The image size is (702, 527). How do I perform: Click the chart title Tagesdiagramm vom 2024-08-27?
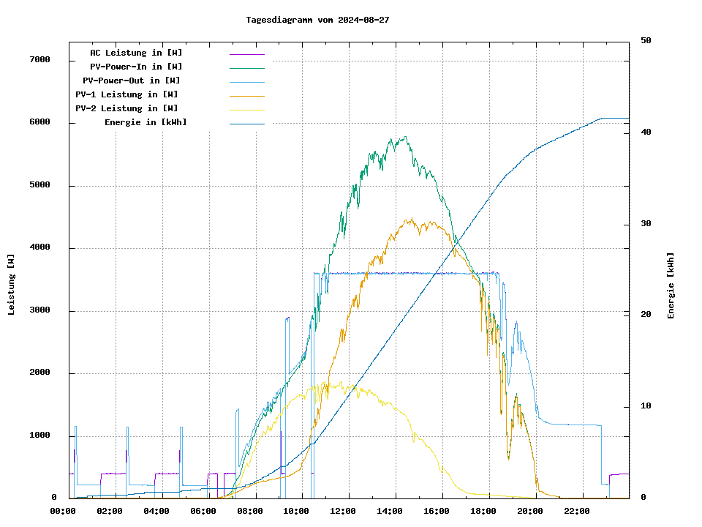pyautogui.click(x=317, y=20)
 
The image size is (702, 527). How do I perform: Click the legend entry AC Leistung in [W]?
pyautogui.click(x=136, y=53)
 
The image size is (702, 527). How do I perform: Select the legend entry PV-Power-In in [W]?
pyautogui.click(x=141, y=67)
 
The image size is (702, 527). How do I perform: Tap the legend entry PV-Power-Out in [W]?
pyautogui.click(x=132, y=81)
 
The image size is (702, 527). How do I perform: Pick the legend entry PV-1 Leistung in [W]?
pyautogui.click(x=127, y=94)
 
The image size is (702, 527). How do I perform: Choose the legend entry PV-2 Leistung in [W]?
pyautogui.click(x=127, y=108)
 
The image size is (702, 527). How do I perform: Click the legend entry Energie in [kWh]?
pyautogui.click(x=146, y=122)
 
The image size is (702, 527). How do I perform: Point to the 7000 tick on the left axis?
pyautogui.click(x=39, y=59)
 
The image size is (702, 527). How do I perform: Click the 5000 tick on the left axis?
pyautogui.click(x=39, y=185)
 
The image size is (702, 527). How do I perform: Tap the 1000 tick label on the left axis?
pyautogui.click(x=39, y=436)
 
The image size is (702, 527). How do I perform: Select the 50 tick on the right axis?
pyautogui.click(x=646, y=41)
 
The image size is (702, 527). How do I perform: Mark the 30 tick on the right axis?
pyautogui.click(x=646, y=224)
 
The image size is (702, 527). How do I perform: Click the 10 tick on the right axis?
pyautogui.click(x=646, y=406)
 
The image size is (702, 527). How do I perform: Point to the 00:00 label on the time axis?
pyautogui.click(x=63, y=511)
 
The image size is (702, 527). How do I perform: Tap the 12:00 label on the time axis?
pyautogui.click(x=343, y=511)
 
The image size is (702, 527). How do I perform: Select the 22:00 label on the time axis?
pyautogui.click(x=577, y=511)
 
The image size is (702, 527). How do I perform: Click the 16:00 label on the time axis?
pyautogui.click(x=437, y=511)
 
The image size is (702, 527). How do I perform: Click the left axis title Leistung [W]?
pyautogui.click(x=12, y=284)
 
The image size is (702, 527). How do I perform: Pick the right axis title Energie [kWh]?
pyautogui.click(x=671, y=285)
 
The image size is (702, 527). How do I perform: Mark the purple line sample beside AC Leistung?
pyautogui.click(x=246, y=53)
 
